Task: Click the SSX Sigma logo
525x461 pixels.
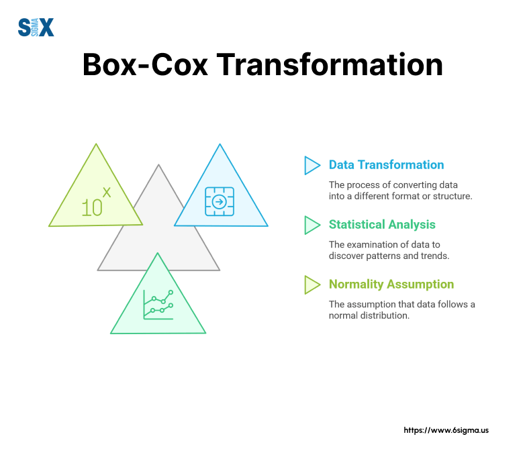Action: point(36,27)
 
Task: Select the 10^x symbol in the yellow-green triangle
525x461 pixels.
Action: point(95,203)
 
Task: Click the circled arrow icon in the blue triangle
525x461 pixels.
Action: point(219,201)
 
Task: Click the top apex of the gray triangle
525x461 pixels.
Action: point(159,165)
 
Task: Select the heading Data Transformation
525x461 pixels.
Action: point(386,165)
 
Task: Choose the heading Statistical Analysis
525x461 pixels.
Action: point(382,225)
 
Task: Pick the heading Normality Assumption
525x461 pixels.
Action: point(391,285)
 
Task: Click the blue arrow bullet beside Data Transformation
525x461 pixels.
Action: point(312,165)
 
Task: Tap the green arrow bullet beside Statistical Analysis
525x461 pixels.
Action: point(312,225)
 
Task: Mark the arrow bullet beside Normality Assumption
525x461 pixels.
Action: point(312,285)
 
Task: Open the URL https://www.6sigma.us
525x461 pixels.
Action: point(446,430)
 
